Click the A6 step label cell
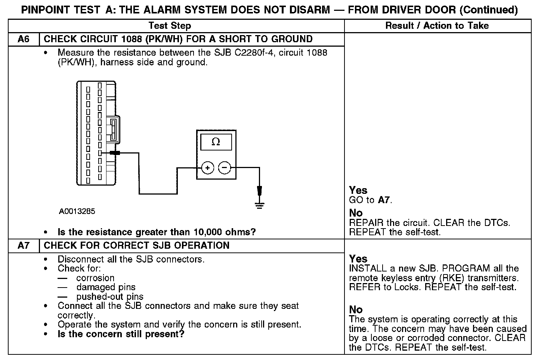click(24, 39)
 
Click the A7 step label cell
click(24, 246)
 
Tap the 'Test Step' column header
click(170, 26)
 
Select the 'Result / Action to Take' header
click(437, 26)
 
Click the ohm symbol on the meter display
click(216, 142)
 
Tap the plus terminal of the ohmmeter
click(208, 168)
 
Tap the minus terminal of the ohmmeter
click(224, 168)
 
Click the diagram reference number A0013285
click(77, 211)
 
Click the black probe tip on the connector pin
click(115, 153)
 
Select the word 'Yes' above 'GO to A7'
click(358, 190)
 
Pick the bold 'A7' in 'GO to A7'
click(384, 200)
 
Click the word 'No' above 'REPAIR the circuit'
click(356, 213)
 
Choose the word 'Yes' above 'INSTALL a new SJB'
click(358, 259)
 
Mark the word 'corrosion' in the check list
click(95, 278)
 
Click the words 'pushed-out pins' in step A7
click(110, 297)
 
